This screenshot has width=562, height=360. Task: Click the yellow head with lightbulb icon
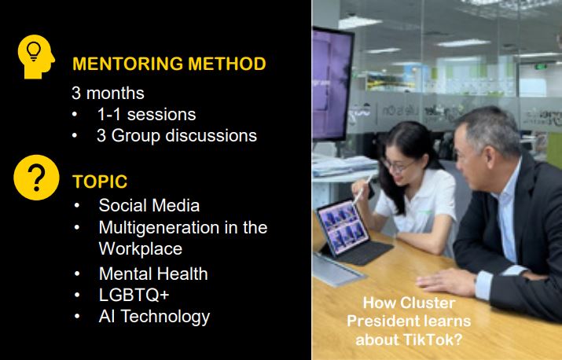coord(36,57)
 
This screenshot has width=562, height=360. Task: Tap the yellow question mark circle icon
coord(36,178)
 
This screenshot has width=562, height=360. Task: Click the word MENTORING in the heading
coord(127,64)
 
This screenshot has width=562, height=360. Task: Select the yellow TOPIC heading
coord(100,182)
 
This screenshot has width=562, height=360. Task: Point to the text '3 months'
coord(108,94)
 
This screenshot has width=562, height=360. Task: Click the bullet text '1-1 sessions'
coord(147,115)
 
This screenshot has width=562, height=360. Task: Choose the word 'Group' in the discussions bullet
coord(136,136)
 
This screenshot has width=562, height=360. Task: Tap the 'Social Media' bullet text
coord(149,205)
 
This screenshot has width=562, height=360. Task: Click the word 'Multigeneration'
coord(159,228)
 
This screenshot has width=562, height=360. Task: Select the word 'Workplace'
coord(141,249)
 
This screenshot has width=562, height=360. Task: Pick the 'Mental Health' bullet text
coord(153,274)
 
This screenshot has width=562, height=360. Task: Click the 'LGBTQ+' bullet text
coord(134,295)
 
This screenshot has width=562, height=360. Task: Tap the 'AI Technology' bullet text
coord(155,317)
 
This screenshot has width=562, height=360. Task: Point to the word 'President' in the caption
coord(375,321)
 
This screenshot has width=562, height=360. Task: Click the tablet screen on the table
coord(342,227)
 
